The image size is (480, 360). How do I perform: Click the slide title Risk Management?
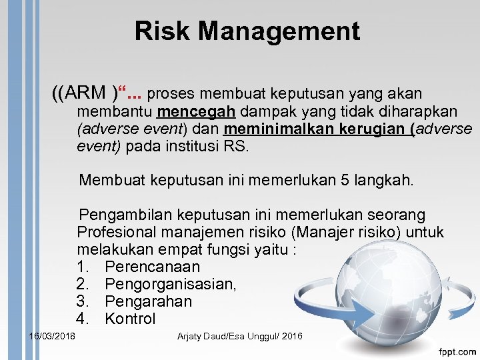pyautogui.click(x=247, y=31)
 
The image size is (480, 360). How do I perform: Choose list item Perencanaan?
pyautogui.click(x=152, y=267)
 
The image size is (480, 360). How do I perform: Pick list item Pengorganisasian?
pyautogui.click(x=170, y=285)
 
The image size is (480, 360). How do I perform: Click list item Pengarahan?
pyautogui.click(x=148, y=302)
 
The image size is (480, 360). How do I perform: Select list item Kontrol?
pyautogui.click(x=130, y=319)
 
